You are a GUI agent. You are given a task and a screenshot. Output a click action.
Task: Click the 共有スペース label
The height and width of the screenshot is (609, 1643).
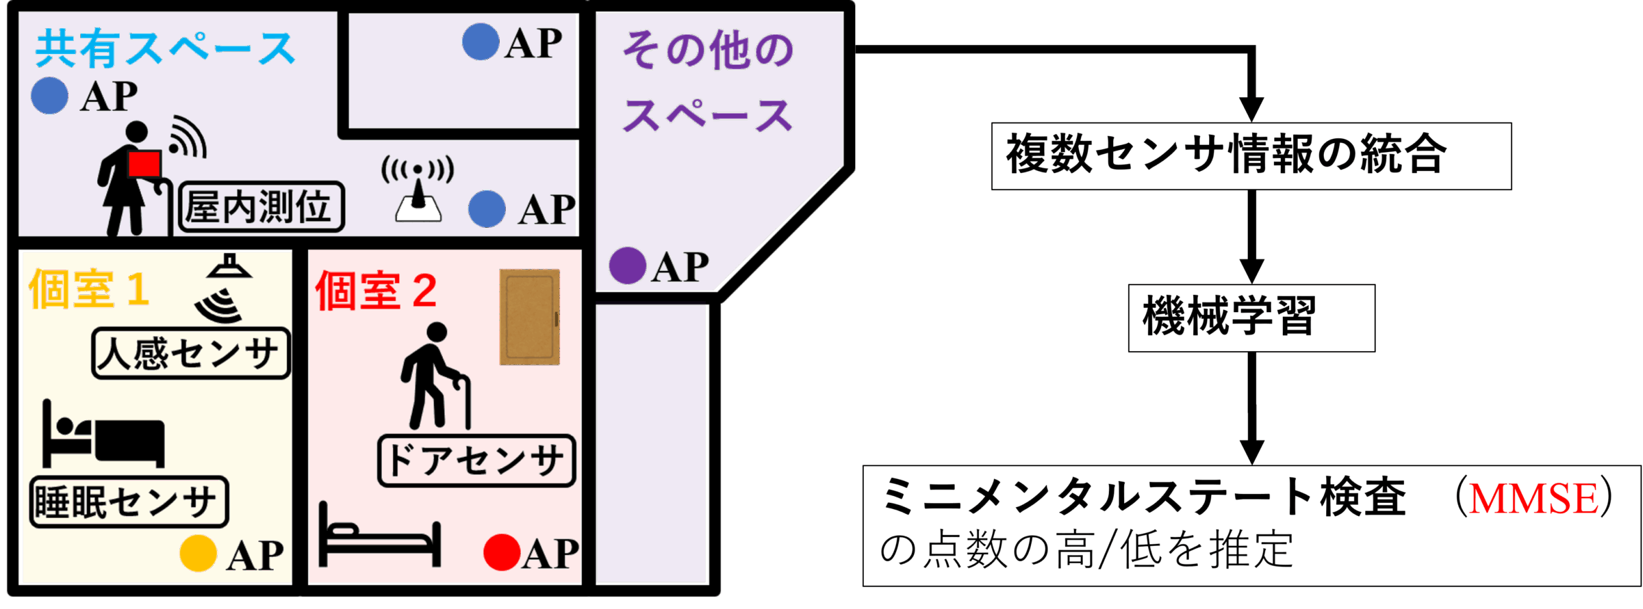164,49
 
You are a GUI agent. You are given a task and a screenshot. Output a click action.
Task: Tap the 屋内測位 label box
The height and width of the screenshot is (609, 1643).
261,207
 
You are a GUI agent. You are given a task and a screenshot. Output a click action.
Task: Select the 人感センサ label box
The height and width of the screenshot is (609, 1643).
190,353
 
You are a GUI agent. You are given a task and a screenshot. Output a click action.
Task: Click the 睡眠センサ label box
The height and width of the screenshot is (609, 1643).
129,502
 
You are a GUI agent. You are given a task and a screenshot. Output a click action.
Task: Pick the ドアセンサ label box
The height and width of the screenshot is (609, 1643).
476,461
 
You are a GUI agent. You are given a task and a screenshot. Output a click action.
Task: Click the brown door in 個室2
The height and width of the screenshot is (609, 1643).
529,317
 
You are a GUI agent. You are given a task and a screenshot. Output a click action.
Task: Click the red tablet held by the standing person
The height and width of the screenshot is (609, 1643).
144,164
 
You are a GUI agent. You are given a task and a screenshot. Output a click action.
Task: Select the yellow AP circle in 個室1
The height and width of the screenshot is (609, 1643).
199,553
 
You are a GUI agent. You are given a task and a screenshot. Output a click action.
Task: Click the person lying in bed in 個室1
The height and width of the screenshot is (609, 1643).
103,435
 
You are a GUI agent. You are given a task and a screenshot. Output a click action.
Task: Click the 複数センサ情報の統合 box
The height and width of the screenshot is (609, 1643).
1251,156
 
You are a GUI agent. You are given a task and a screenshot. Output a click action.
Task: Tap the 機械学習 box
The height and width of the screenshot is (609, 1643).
1251,318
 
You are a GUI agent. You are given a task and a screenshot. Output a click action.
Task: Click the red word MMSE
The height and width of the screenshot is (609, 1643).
1533,498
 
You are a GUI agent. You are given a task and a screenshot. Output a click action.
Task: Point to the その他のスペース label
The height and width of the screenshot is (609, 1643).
709,81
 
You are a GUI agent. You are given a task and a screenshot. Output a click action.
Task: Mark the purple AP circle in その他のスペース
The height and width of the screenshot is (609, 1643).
627,265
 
